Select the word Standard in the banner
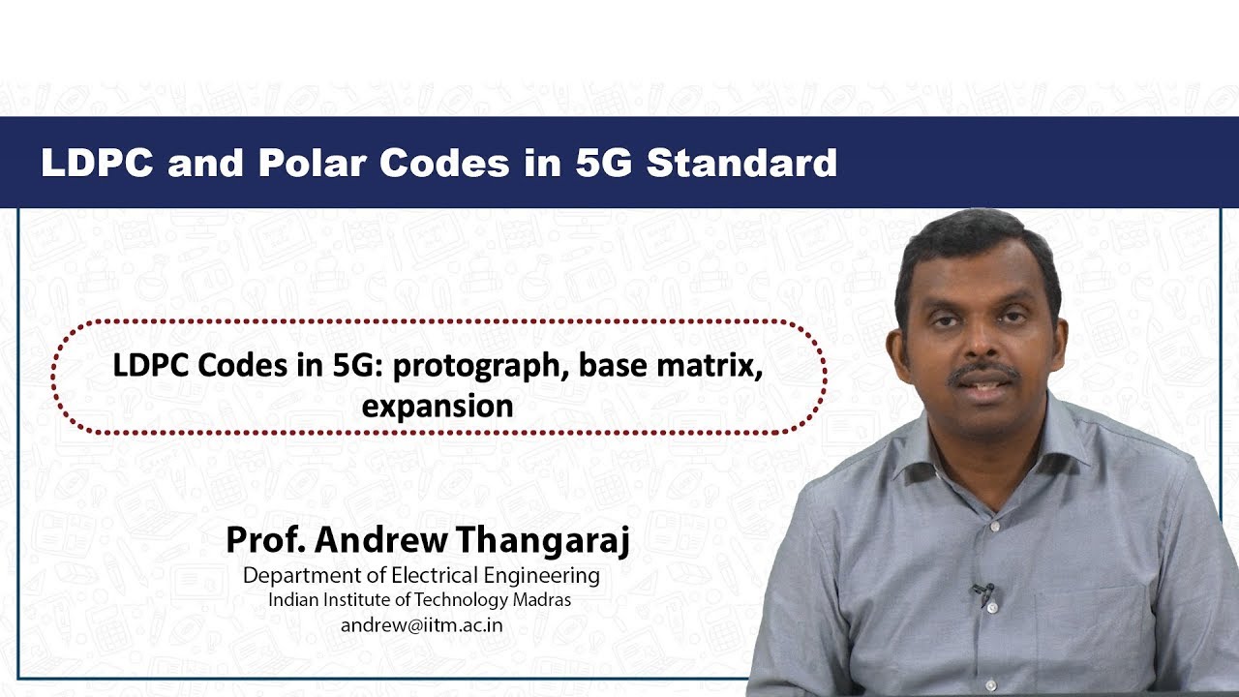click(x=741, y=163)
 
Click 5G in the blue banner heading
click(x=603, y=163)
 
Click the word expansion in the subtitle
click(x=438, y=406)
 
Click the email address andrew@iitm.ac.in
click(x=421, y=624)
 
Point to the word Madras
click(x=542, y=599)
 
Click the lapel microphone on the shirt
click(x=984, y=591)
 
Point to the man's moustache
click(x=982, y=372)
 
